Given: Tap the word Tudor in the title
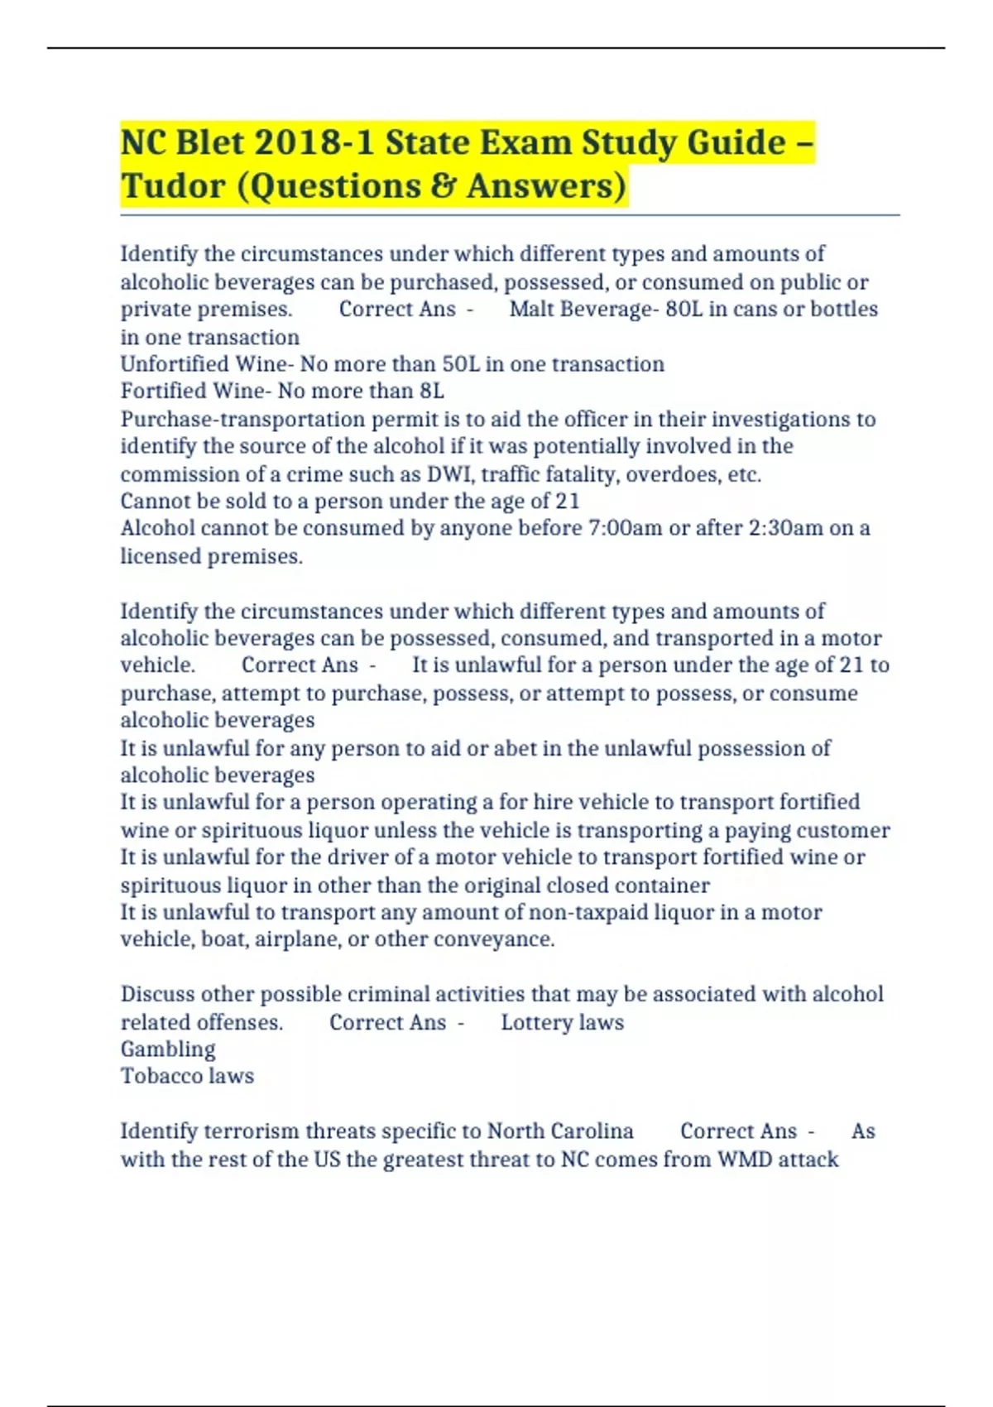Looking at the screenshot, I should [172, 185].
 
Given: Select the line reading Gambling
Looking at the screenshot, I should [168, 1049].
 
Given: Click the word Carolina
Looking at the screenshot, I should [592, 1131].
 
